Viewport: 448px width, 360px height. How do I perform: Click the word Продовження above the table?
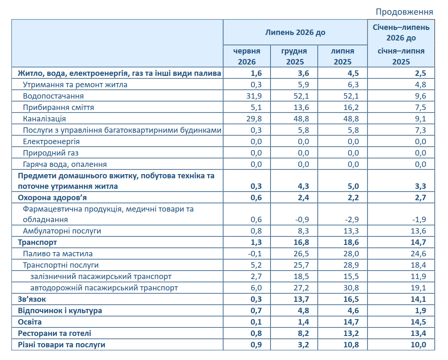[404, 12]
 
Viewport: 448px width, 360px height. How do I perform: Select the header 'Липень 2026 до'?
[295, 32]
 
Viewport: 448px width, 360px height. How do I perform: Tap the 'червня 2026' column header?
[247, 56]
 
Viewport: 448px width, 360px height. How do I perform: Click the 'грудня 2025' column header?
[294, 56]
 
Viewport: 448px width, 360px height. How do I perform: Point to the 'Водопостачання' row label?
[53, 96]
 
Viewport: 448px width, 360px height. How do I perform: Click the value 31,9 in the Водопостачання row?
[254, 96]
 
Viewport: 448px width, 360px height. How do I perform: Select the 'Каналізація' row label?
[44, 119]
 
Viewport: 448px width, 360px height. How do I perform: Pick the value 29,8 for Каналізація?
[254, 119]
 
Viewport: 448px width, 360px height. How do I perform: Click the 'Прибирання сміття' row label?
[58, 107]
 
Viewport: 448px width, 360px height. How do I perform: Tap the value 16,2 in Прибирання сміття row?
[351, 107]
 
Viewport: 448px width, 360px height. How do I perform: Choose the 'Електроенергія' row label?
[51, 142]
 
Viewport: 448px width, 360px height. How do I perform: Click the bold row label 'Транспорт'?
[37, 242]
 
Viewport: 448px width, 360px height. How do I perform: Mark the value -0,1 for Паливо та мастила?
[255, 254]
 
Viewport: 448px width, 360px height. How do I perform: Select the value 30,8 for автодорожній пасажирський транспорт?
[351, 288]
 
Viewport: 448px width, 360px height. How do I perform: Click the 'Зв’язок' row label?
[32, 299]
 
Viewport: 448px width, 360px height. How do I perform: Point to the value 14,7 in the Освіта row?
[351, 322]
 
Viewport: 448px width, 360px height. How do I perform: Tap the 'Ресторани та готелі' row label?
[54, 333]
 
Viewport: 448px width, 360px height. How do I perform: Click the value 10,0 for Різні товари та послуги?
[418, 345]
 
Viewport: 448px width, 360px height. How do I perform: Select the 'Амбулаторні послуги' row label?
[62, 231]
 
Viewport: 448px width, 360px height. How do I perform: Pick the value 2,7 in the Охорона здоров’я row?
[420, 198]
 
